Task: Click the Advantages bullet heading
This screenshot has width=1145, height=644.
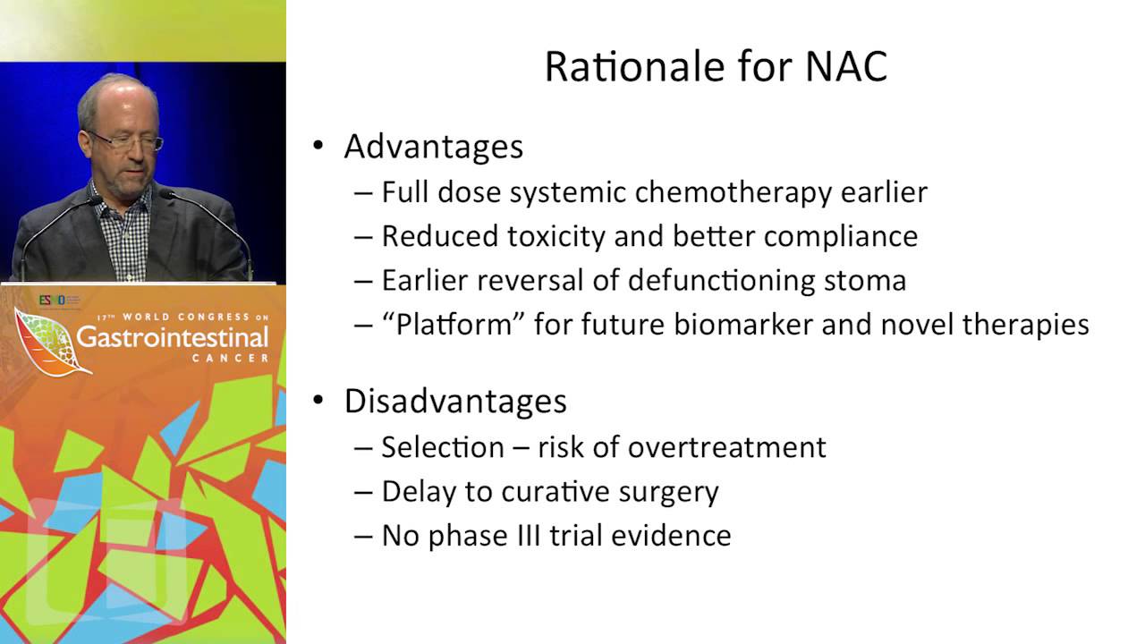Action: click(433, 147)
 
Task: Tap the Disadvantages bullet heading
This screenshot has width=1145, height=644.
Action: click(454, 401)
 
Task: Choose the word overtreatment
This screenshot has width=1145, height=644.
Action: click(726, 446)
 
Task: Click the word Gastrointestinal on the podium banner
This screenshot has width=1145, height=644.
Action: click(172, 338)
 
